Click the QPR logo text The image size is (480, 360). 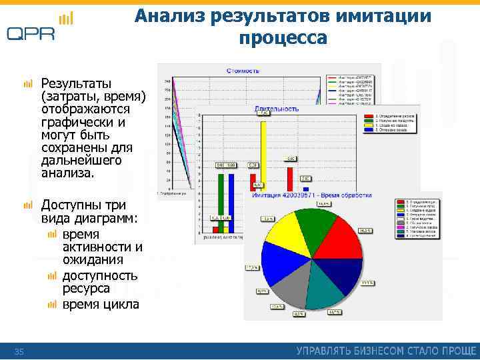point(31,33)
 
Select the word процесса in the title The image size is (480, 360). point(283,38)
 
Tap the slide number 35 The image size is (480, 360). point(19,351)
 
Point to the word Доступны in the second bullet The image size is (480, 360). point(73,205)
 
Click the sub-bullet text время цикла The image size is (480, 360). point(101,305)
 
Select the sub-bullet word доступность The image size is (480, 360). point(100,275)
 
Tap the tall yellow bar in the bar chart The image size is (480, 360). point(264,153)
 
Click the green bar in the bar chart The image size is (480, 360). point(221,200)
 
